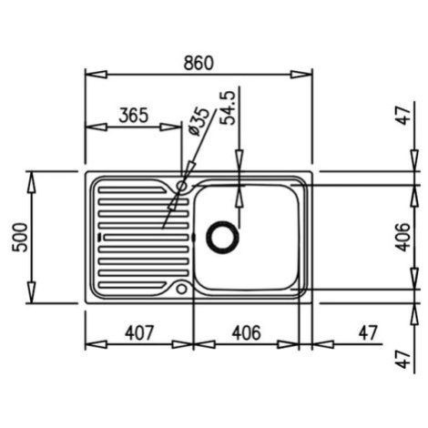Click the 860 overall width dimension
pos(199,63)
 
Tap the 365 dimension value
pos(134,116)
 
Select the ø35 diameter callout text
pos(199,122)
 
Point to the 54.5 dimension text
pos(228,107)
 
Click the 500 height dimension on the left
pos(20,237)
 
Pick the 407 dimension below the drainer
pos(140,333)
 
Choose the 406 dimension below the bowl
pos(246,333)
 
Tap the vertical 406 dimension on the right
pos(403,237)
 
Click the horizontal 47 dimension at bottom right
pos(368,333)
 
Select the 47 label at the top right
pos(404,116)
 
